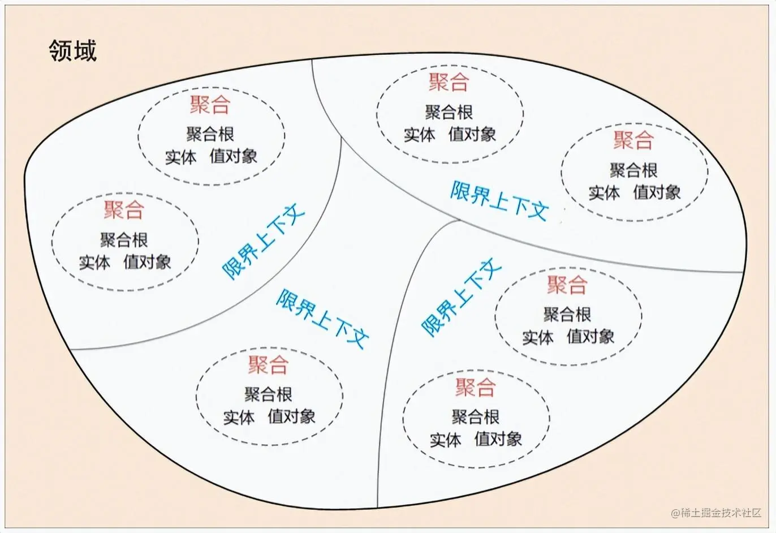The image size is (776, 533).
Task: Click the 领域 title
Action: coord(73,50)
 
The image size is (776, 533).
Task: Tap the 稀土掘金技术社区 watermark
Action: coord(717,513)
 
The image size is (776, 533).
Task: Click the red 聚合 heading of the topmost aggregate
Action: coord(449,82)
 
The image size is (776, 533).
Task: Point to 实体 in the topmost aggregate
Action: coord(420,135)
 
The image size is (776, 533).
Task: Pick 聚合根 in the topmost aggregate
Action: coord(449,112)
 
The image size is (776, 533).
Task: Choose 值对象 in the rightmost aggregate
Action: coord(657,192)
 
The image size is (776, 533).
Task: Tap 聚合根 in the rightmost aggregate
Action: coord(634,170)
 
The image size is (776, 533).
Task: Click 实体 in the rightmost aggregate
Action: coord(604,193)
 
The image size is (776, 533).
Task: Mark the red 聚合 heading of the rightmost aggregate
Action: coord(634,139)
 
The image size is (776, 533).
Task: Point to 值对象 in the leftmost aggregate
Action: coord(147,262)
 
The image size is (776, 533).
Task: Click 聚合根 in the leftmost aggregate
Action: coord(124,240)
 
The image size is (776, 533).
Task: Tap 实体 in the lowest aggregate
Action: coord(446,440)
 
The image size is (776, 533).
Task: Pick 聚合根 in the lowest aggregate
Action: coord(476,417)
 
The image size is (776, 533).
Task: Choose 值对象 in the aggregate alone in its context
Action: coord(291,416)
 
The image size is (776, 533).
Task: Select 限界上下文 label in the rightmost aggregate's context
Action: coord(499,200)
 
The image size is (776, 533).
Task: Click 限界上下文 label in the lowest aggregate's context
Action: coord(462,297)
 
